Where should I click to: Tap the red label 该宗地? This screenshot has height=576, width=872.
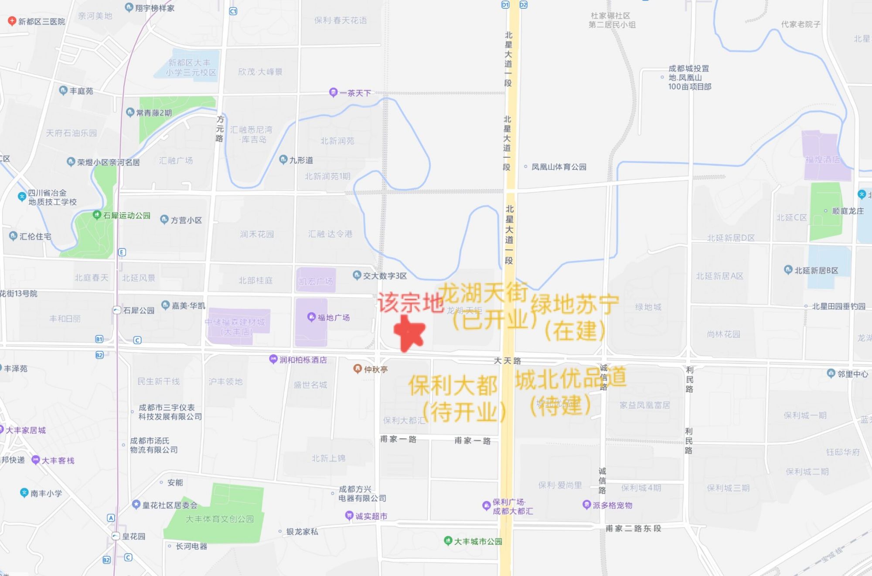[x=410, y=302]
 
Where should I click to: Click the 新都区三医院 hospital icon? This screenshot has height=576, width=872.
[x=12, y=21]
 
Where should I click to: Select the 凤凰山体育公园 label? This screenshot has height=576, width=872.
[x=559, y=167]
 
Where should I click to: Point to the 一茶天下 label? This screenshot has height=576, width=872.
[x=355, y=93]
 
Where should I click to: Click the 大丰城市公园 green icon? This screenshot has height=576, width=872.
[x=448, y=541]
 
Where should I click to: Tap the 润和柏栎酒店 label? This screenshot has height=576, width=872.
[x=303, y=360]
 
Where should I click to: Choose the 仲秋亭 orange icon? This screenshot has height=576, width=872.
[x=357, y=369]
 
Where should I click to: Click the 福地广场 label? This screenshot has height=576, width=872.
[x=333, y=318]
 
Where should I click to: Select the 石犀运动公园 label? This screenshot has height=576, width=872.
[x=126, y=215]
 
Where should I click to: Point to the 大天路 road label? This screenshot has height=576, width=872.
[x=507, y=361]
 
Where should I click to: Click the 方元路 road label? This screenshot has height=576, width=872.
[x=220, y=129]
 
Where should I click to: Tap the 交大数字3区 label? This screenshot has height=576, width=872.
[x=385, y=276]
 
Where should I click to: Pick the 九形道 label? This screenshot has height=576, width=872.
[x=301, y=160]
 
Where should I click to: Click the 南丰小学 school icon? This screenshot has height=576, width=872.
[x=24, y=493]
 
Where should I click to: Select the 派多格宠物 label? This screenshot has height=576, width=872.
[x=612, y=505]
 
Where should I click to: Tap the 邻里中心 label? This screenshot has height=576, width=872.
[x=852, y=374]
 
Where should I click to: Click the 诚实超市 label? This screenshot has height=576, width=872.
[x=371, y=516]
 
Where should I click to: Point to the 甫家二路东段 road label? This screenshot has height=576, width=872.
[x=633, y=529]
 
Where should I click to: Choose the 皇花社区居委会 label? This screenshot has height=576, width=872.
[x=170, y=505]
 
